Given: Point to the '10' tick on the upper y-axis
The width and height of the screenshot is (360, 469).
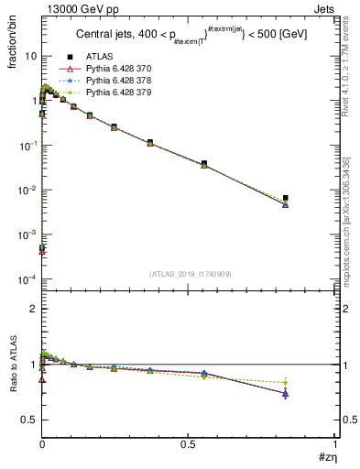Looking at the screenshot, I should click(30, 56).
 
